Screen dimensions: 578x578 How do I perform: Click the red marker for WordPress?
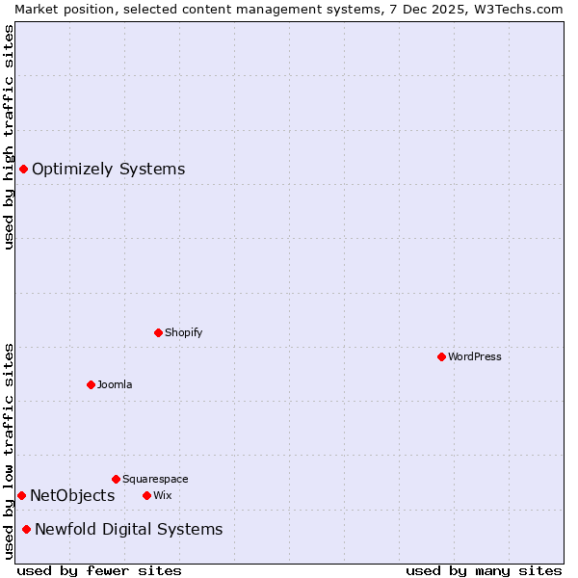point(441,356)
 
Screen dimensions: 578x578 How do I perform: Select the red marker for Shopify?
point(158,332)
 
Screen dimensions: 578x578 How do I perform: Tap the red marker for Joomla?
point(91,384)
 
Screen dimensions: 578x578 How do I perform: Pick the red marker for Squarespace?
point(116,479)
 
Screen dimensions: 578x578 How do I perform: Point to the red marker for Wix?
point(146,495)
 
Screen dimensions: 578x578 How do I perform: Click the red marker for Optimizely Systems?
point(23,170)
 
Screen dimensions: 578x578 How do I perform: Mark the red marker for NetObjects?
point(21,495)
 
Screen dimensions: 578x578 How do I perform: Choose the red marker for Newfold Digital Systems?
point(26,529)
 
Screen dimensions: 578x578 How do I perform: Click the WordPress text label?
point(475,356)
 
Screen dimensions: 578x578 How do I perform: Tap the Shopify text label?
point(183,332)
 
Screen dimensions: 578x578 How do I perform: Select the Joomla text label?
point(115,384)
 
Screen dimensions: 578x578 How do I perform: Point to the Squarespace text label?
point(155,479)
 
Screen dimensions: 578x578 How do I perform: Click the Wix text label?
point(162,495)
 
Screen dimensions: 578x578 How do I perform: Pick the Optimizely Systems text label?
point(108,170)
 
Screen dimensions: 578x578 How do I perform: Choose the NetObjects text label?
point(72,495)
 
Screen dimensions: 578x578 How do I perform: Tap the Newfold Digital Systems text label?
point(128,529)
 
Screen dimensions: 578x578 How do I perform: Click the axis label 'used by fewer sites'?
point(99,570)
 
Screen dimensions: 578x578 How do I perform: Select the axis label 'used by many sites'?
point(484,570)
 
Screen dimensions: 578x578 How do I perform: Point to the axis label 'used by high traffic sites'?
point(10,137)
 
